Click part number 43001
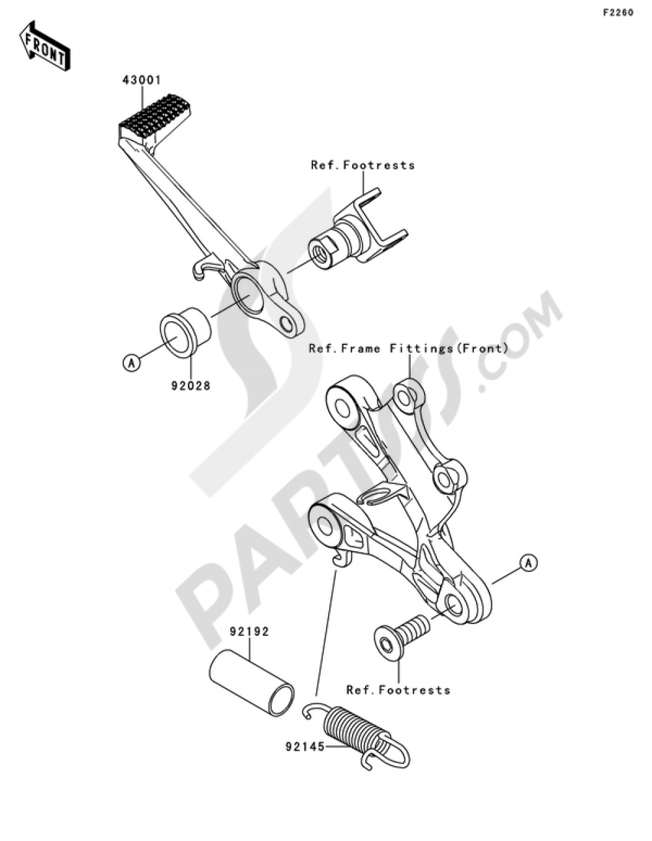pos(141,81)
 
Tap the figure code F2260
pos(617,12)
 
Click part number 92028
pos(190,385)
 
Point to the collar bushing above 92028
pos(184,333)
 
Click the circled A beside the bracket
pos(528,562)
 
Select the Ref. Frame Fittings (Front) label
pos(408,349)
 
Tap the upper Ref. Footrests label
pos(363,165)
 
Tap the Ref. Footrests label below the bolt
pos(398,689)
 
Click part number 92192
pos(248,632)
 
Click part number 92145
pos(304,748)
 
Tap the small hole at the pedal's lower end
pos(286,324)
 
